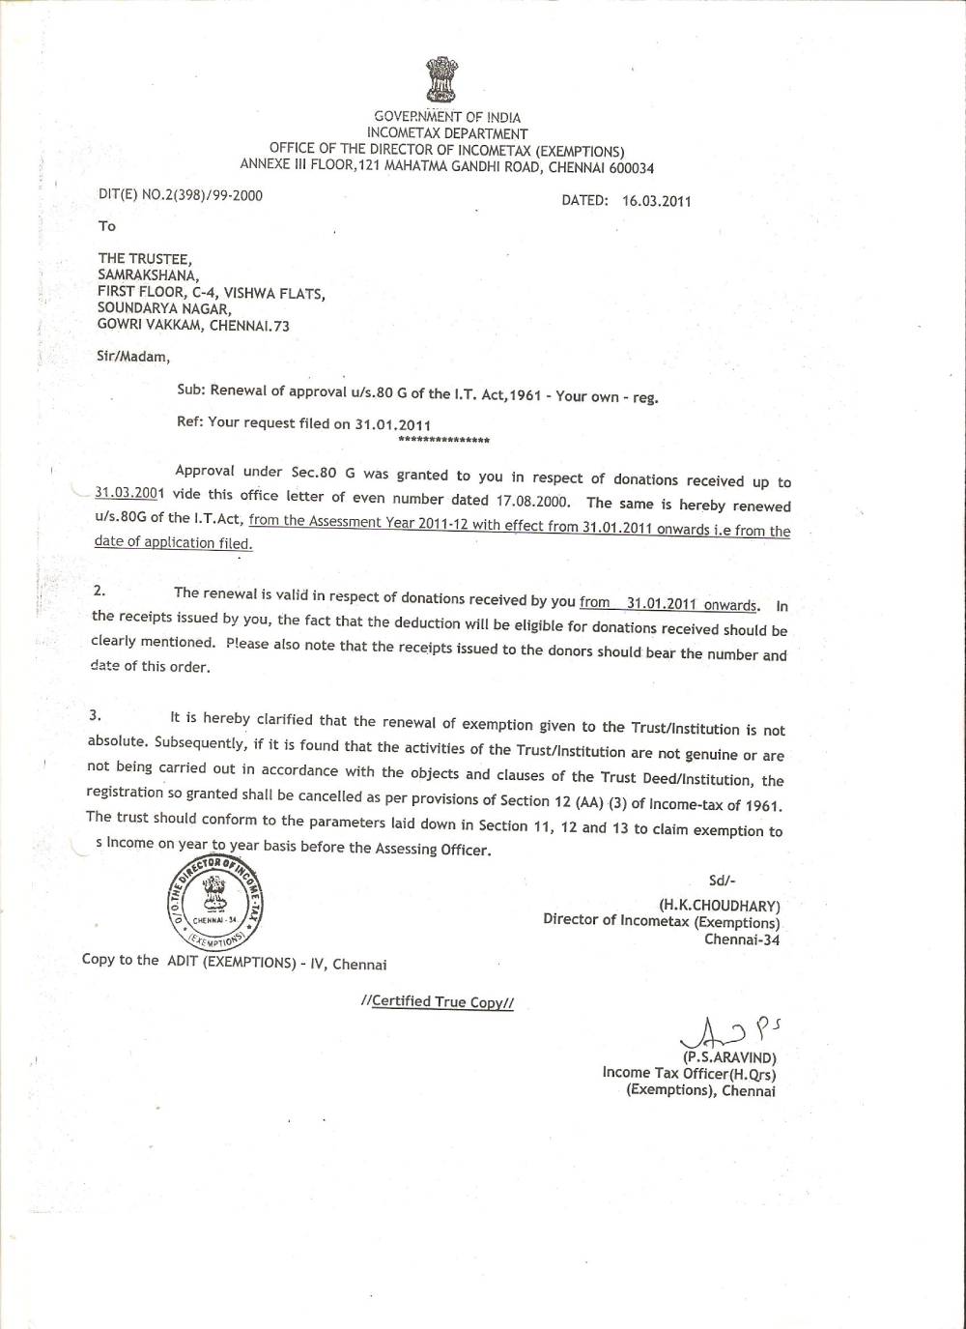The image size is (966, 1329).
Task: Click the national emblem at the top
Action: pos(442,81)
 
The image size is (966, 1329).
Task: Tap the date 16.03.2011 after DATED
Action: pos(657,201)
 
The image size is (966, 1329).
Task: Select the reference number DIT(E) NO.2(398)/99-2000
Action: pos(181,194)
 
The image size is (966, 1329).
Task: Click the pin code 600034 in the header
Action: pos(628,167)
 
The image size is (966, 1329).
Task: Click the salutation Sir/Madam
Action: pos(132,356)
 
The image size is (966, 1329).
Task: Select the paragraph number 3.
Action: pos(94,716)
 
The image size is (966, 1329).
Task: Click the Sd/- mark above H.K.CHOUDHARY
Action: pos(722,881)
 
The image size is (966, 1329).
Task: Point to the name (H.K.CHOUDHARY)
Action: pos(719,906)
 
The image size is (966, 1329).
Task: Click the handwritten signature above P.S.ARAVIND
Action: pos(717,1035)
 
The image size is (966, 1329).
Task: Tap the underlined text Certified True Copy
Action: pos(437,1001)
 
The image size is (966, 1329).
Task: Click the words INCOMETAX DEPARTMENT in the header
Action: pos(447,133)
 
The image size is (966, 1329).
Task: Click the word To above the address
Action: pos(106,226)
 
